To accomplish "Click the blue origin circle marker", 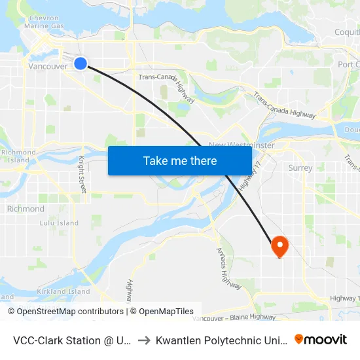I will click(x=80, y=63).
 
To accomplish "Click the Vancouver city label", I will click(x=48, y=67).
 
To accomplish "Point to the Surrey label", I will click(x=300, y=168).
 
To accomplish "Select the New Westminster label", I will click(x=241, y=145).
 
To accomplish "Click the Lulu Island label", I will click(x=41, y=223).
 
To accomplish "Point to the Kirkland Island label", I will click(x=63, y=291).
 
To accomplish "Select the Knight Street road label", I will click(x=81, y=170).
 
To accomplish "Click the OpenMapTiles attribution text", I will click(x=162, y=312).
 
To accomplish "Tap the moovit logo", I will click(x=321, y=339).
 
